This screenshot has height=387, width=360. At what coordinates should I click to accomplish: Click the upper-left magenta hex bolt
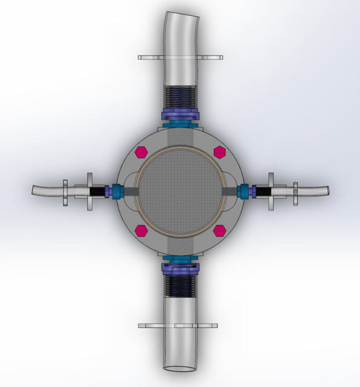coord(141,151)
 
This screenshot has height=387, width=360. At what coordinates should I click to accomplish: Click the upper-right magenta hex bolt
coord(219,151)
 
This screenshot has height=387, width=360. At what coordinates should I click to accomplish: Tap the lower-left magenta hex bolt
coord(141,230)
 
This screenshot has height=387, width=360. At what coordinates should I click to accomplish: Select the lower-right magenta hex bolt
coord(220,230)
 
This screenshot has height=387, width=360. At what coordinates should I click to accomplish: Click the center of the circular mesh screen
coord(179,190)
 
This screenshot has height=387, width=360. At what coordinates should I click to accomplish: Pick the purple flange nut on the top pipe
coord(180,115)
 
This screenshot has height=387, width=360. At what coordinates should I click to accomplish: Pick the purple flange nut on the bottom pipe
coord(180,268)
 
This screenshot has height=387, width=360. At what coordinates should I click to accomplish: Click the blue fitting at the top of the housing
coord(180,125)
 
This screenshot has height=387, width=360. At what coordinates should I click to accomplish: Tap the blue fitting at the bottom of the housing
coord(180,259)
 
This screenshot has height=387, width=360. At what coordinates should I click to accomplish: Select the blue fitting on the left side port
coord(116,191)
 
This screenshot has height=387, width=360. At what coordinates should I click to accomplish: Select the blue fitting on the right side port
coord(245,191)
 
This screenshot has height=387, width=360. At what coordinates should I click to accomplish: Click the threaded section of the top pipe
coord(181,96)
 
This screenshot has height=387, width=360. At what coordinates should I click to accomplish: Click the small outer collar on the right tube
coord(296,193)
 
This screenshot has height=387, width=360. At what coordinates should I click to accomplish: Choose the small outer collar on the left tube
coord(65,192)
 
